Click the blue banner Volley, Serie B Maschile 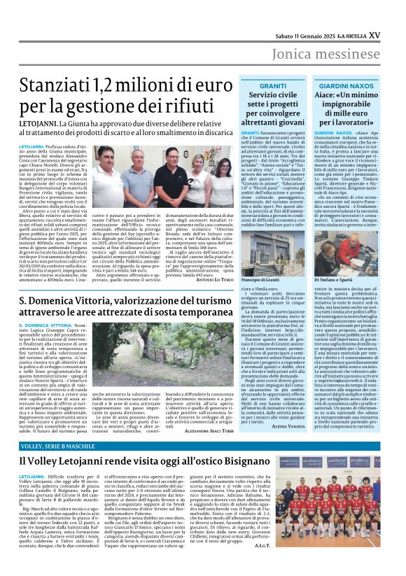point(58,445)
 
